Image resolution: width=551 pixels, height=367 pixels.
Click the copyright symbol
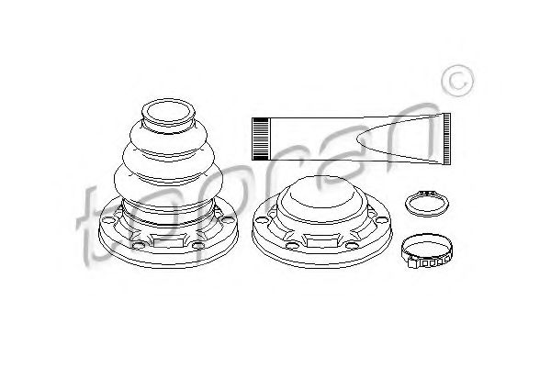(457, 81)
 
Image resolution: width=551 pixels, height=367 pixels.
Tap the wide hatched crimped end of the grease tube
(446, 139)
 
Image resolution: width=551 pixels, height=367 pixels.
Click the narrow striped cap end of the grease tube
(261, 139)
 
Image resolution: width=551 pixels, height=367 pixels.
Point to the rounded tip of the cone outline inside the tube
(358, 139)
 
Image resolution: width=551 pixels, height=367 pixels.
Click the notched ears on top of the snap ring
(426, 193)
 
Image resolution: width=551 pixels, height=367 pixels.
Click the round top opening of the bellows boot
(168, 112)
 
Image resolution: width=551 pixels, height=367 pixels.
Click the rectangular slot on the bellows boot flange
(168, 242)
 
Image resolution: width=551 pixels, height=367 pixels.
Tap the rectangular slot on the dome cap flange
(320, 242)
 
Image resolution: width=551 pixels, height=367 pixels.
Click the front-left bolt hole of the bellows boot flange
(138, 245)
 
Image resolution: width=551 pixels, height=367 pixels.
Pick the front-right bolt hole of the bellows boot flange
(198, 246)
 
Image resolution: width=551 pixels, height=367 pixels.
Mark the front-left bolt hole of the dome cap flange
(292, 245)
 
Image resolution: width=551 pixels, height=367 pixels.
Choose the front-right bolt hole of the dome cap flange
(353, 245)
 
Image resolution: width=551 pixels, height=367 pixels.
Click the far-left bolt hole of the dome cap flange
(261, 220)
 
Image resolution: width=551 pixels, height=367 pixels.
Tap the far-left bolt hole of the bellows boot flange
(107, 220)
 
